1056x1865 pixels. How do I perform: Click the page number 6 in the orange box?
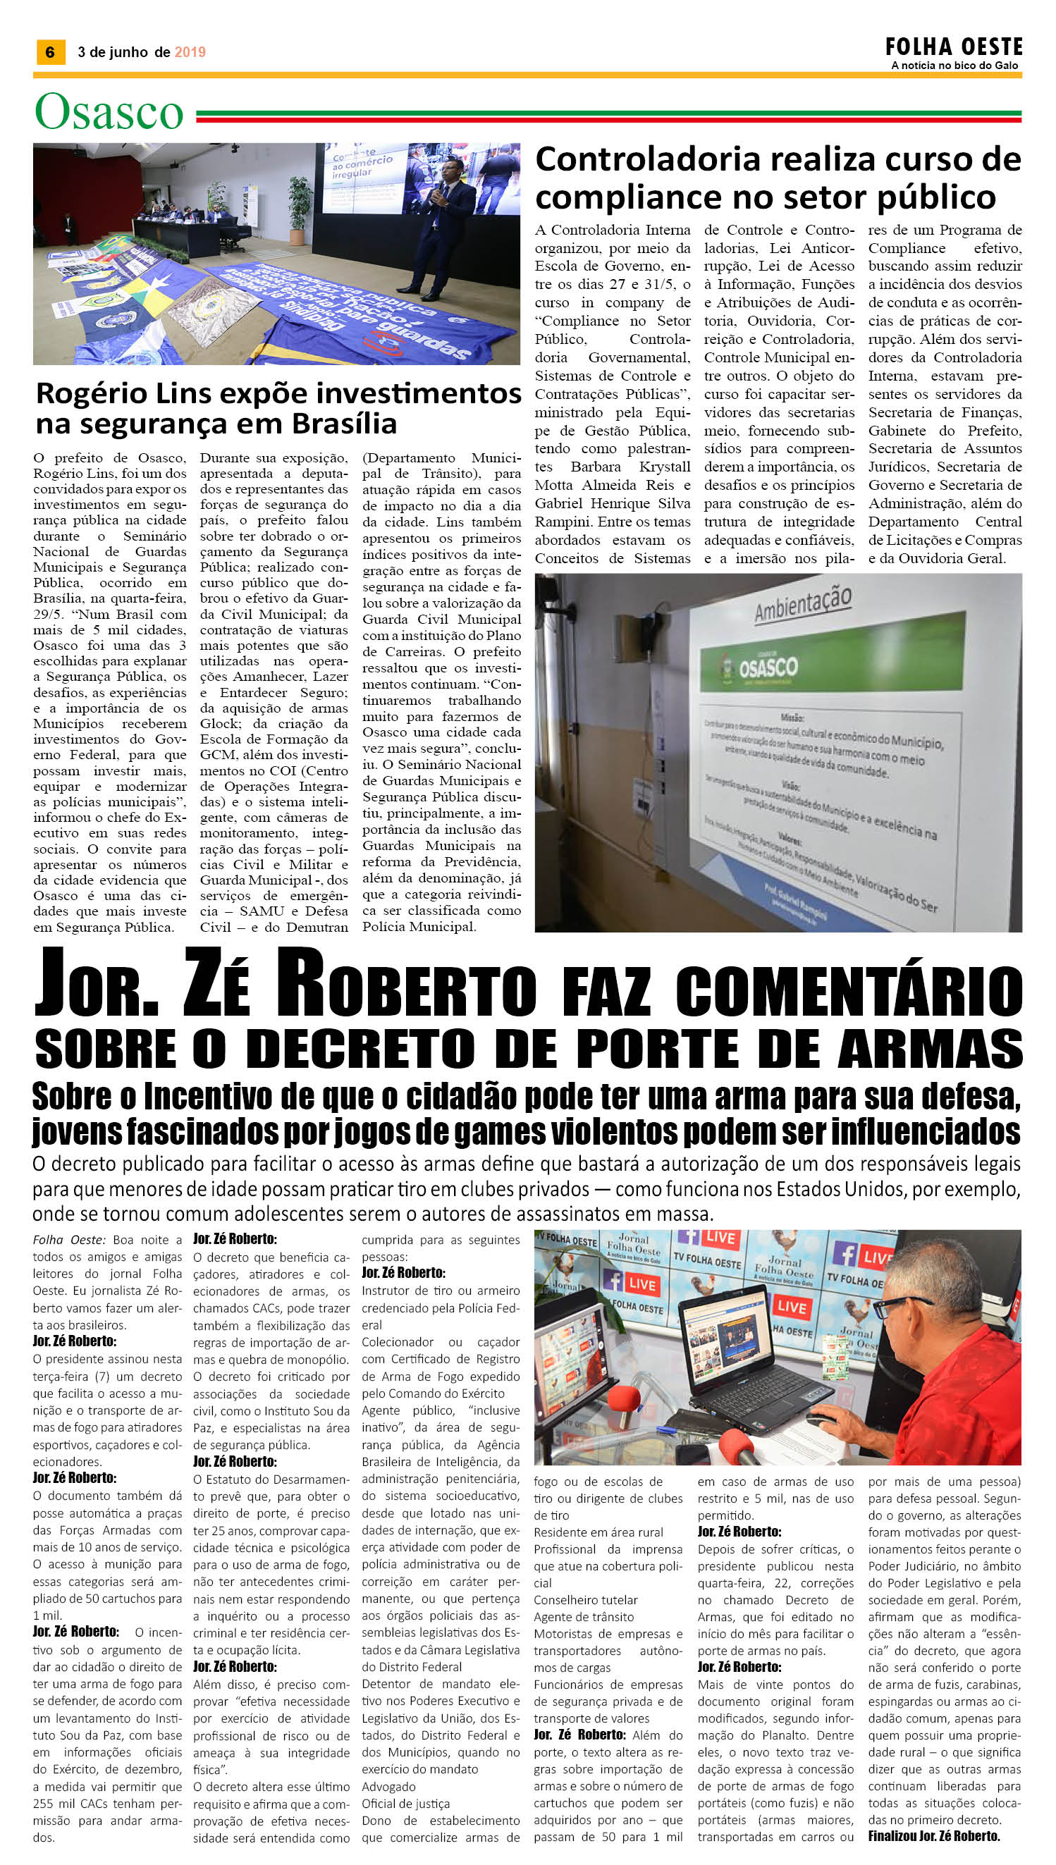point(50,52)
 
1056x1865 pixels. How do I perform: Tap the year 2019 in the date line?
point(190,52)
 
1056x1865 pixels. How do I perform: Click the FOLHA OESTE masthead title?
point(953,47)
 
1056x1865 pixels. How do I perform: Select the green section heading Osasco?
point(109,112)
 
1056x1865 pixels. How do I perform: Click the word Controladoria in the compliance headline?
point(648,159)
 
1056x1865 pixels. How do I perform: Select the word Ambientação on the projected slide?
point(802,603)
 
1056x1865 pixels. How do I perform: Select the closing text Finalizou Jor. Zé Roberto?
point(933,1836)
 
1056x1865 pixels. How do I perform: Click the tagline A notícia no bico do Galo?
point(954,66)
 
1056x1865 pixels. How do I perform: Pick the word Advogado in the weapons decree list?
point(388,1787)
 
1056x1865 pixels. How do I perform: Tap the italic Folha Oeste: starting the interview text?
point(69,1241)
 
